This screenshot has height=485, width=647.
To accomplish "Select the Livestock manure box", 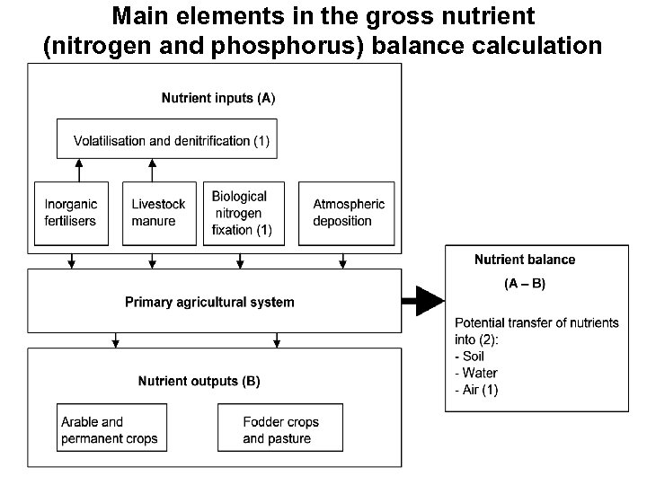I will [x=157, y=213].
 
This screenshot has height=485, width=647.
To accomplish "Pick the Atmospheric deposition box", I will [x=348, y=213].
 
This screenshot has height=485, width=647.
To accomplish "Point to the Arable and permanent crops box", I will [x=110, y=430].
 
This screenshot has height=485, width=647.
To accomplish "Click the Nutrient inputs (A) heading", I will [x=218, y=98].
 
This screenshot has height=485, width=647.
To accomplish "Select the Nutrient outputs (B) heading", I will [x=199, y=381].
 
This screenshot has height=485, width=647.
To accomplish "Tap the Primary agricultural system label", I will [x=209, y=302].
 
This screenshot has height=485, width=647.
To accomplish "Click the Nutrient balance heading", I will [x=525, y=260].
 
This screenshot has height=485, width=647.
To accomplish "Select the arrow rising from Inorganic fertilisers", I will [x=78, y=169].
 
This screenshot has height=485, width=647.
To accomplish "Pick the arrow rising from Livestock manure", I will [x=152, y=169].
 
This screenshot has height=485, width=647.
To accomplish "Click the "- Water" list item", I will [x=476, y=373].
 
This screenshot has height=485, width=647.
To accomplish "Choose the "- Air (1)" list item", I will [x=477, y=389].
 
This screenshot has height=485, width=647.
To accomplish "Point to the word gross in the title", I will [x=365, y=16].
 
